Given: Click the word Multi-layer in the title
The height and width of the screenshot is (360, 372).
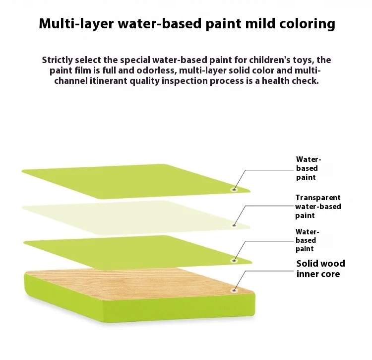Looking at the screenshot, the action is click(x=76, y=24).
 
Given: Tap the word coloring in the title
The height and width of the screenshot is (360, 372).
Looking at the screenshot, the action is click(x=307, y=24).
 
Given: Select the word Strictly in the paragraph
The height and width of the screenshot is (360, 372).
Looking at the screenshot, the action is click(x=57, y=60).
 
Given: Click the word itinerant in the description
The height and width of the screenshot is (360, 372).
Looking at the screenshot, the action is click(x=109, y=81).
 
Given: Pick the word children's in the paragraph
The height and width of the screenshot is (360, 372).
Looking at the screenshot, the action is click(x=269, y=60).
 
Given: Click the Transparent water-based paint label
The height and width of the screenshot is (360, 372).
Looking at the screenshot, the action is click(x=318, y=207).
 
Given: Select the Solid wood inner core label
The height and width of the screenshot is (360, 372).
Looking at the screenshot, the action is click(x=320, y=269).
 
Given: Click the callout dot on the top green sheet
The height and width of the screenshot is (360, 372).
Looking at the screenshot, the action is click(x=234, y=190).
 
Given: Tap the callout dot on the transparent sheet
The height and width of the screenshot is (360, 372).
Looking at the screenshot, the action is click(x=234, y=225).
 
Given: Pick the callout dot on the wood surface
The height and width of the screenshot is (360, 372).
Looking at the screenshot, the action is click(x=234, y=290).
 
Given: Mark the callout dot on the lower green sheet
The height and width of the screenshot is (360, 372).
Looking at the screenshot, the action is click(x=234, y=261).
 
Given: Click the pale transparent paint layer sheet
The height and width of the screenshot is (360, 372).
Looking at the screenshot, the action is click(x=136, y=217).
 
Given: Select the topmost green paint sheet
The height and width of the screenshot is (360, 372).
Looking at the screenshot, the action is click(x=136, y=181).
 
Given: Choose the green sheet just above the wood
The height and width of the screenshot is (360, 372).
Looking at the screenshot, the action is click(x=137, y=253).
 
